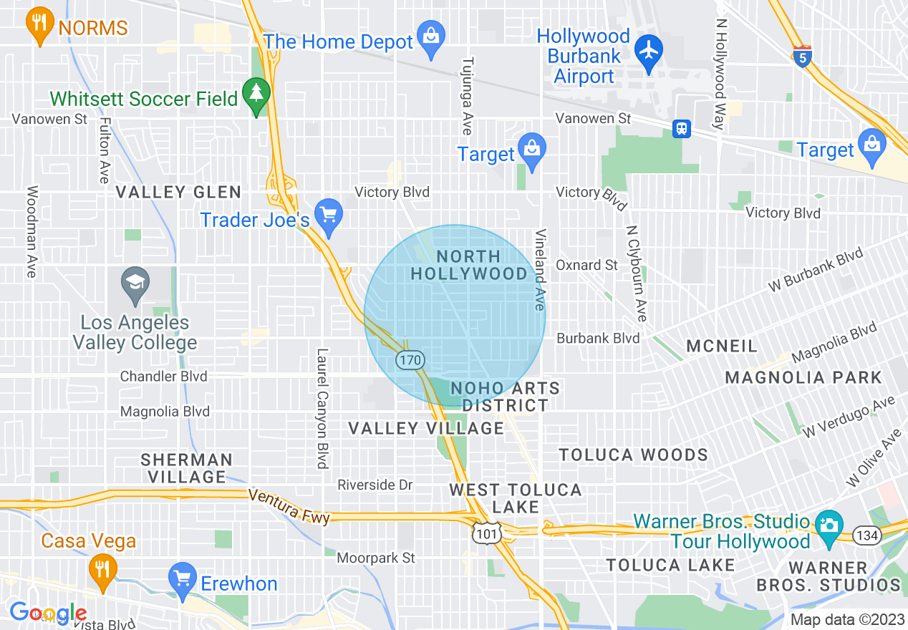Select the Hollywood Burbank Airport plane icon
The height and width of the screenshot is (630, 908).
649,52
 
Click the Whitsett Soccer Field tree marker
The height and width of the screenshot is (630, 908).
256,94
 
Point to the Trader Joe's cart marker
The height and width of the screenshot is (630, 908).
329,216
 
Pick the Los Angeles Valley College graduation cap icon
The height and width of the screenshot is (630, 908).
135,283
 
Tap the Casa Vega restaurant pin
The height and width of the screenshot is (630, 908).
103,571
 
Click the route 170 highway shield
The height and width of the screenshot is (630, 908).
411,360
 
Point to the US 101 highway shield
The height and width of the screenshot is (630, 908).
487,533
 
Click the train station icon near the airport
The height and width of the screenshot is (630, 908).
681,128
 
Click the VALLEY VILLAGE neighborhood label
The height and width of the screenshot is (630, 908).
426,428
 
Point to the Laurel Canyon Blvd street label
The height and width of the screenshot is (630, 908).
322,408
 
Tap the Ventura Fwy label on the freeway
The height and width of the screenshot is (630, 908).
289,505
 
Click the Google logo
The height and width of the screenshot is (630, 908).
48,613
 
